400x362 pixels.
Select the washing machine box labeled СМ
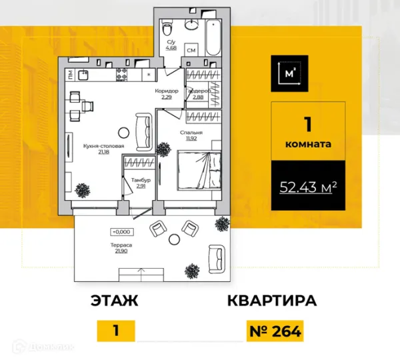click(x=191, y=51)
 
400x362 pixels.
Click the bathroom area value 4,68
click(x=171, y=47)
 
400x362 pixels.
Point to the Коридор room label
click(x=167, y=91)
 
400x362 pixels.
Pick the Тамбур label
click(x=141, y=181)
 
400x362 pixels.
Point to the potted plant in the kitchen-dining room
click(x=83, y=191)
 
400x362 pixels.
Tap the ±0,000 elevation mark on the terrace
click(x=122, y=231)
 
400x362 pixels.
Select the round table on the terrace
click(x=175, y=239)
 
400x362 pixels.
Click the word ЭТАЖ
click(x=114, y=301)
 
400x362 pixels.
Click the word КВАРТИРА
click(x=271, y=301)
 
